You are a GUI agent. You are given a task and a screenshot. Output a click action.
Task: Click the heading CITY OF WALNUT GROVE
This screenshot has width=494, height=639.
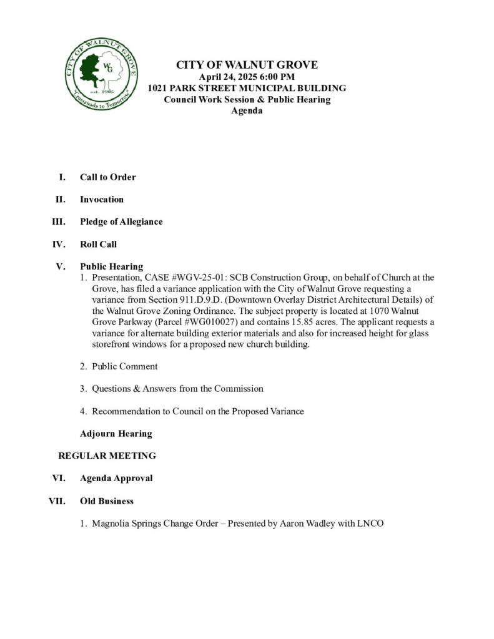point(247,65)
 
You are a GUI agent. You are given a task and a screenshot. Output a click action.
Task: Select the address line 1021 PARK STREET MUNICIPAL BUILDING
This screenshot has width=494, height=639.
point(247,88)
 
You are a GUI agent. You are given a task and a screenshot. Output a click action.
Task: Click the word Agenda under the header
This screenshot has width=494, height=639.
point(247,111)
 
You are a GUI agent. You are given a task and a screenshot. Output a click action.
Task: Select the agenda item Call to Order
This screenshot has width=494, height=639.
point(107,177)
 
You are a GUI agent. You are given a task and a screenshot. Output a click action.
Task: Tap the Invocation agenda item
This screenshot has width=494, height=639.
point(102,199)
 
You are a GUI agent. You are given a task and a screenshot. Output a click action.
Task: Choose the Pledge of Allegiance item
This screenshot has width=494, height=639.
point(121,222)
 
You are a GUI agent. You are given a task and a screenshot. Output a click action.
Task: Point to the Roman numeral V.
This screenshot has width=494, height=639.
point(61,266)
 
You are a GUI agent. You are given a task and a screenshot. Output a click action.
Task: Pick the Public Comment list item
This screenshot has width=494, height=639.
point(124,366)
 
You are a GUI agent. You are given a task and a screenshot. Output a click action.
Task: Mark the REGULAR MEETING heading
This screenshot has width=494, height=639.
point(107,456)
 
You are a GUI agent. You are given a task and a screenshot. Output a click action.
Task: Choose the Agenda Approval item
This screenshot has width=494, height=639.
point(116,478)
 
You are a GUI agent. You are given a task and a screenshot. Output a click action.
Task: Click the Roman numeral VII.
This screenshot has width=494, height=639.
point(57,500)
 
